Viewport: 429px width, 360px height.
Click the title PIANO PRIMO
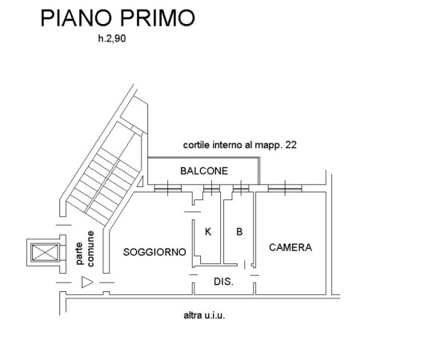(x=118, y=18)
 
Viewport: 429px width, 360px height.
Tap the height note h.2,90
(x=112, y=38)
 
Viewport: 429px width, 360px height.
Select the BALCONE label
(x=204, y=171)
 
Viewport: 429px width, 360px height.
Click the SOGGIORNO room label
(x=154, y=252)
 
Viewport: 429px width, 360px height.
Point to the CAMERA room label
(x=291, y=247)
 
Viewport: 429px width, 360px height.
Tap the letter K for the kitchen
(x=208, y=232)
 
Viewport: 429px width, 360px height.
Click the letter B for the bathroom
(x=239, y=232)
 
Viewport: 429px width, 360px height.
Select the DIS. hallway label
(x=224, y=282)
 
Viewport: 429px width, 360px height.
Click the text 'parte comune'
(x=85, y=249)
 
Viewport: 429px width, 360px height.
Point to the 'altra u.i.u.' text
(x=204, y=315)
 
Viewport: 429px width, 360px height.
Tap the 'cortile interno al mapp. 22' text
(x=239, y=145)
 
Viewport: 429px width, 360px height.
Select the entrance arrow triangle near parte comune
(x=87, y=282)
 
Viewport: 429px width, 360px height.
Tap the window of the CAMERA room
(x=285, y=188)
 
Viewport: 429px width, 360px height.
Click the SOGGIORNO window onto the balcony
(x=168, y=188)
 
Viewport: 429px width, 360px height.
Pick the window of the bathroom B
(x=241, y=188)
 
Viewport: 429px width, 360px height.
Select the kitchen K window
(x=212, y=188)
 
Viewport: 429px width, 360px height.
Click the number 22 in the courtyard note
(x=291, y=145)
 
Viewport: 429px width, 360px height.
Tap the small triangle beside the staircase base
(x=141, y=182)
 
